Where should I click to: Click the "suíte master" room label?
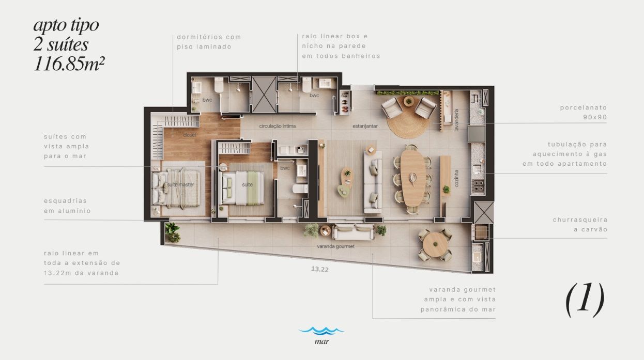pos(180,184)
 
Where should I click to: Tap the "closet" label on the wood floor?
pos(190,135)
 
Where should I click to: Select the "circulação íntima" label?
pos(277,126)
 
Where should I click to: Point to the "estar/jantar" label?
pos(365,126)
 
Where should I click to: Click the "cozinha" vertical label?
pos(456,178)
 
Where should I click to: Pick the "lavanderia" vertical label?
pos(456,120)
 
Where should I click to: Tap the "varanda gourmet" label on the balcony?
pos(335,246)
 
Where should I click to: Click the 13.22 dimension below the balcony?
pos(320,269)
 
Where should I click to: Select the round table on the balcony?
pos(435,244)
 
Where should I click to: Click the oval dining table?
pos(413,178)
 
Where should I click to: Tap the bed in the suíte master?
pos(176,188)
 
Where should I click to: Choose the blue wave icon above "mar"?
pos(321,331)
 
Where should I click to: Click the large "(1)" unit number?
pos(585,300)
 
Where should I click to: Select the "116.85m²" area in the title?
pos(69,64)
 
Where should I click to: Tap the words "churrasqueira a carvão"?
pos(580,224)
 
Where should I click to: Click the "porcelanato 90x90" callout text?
pos(584,112)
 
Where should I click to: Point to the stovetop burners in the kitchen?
pos(478,185)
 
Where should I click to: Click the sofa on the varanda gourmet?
pos(354,232)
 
